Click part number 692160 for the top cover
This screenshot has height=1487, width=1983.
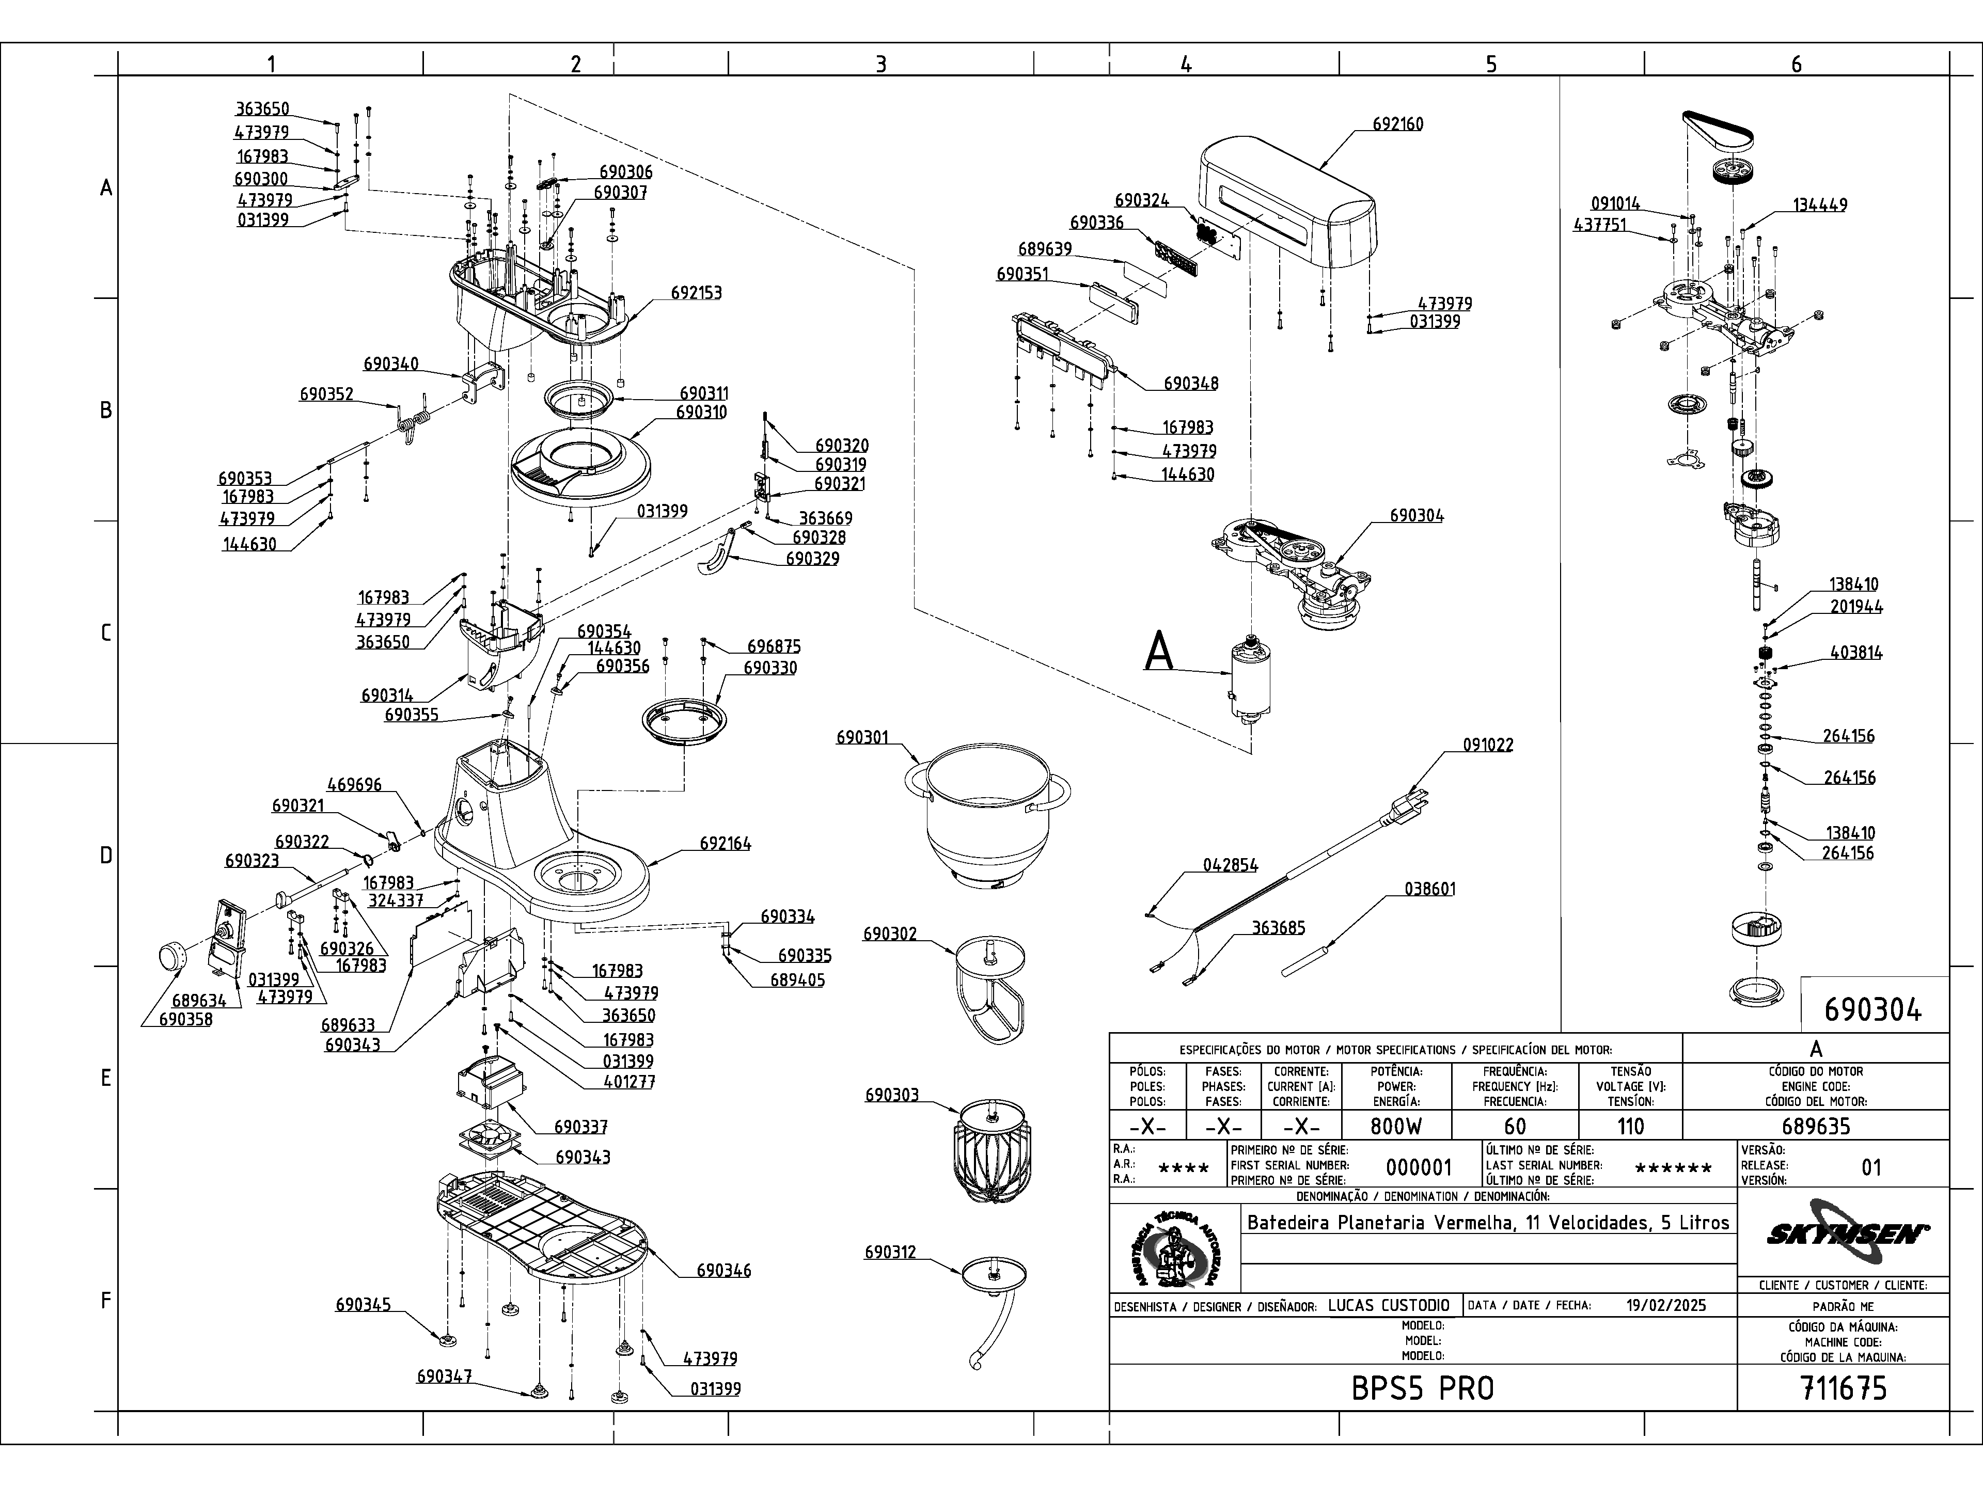coord(1397,124)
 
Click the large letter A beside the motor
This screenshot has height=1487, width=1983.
coord(1159,652)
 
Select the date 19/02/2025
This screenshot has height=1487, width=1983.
coord(1665,1305)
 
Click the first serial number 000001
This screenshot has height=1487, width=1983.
coord(1418,1167)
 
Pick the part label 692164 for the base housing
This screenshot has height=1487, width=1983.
coord(725,844)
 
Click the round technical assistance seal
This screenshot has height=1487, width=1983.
coord(1174,1247)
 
